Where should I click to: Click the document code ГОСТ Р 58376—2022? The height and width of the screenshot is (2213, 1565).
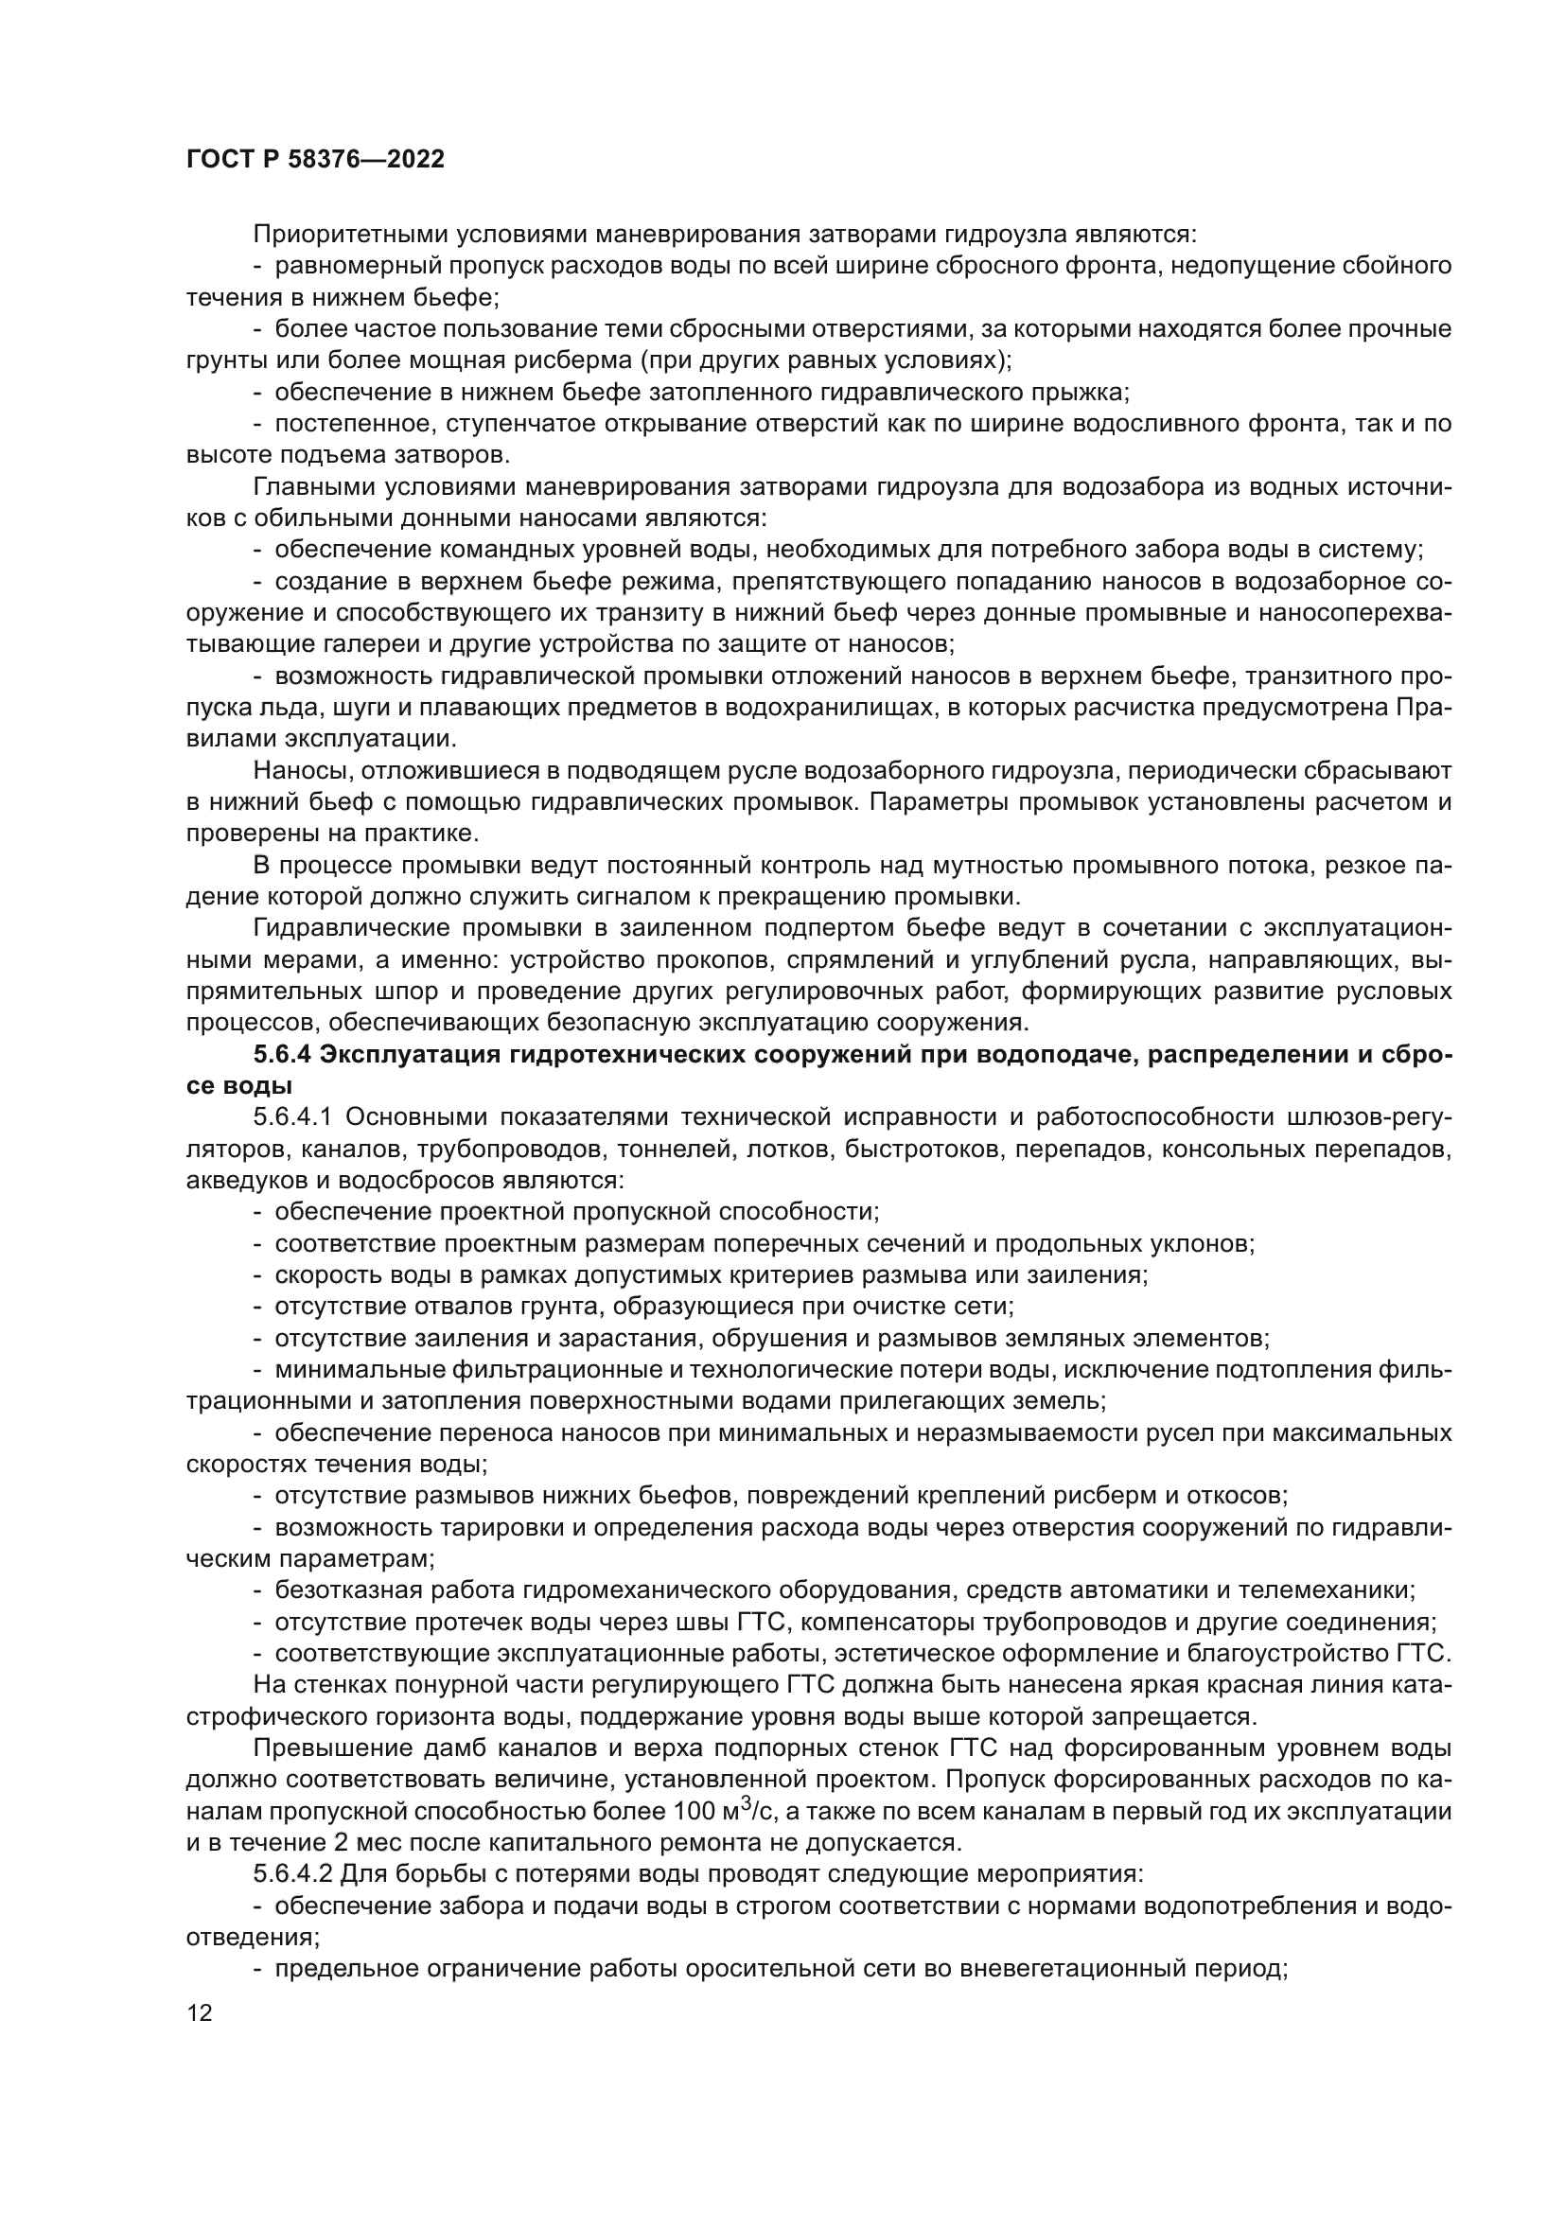315,160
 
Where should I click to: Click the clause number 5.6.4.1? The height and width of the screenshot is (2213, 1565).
293,1118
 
